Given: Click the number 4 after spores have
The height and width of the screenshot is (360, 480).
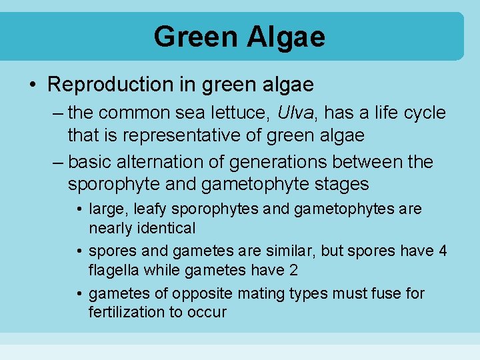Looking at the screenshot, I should [443, 251].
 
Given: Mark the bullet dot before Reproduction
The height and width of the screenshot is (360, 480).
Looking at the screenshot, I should [33, 85].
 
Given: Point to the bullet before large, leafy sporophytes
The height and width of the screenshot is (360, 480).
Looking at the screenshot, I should [80, 210].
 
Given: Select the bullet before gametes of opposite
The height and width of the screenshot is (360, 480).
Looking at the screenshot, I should [80, 294].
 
